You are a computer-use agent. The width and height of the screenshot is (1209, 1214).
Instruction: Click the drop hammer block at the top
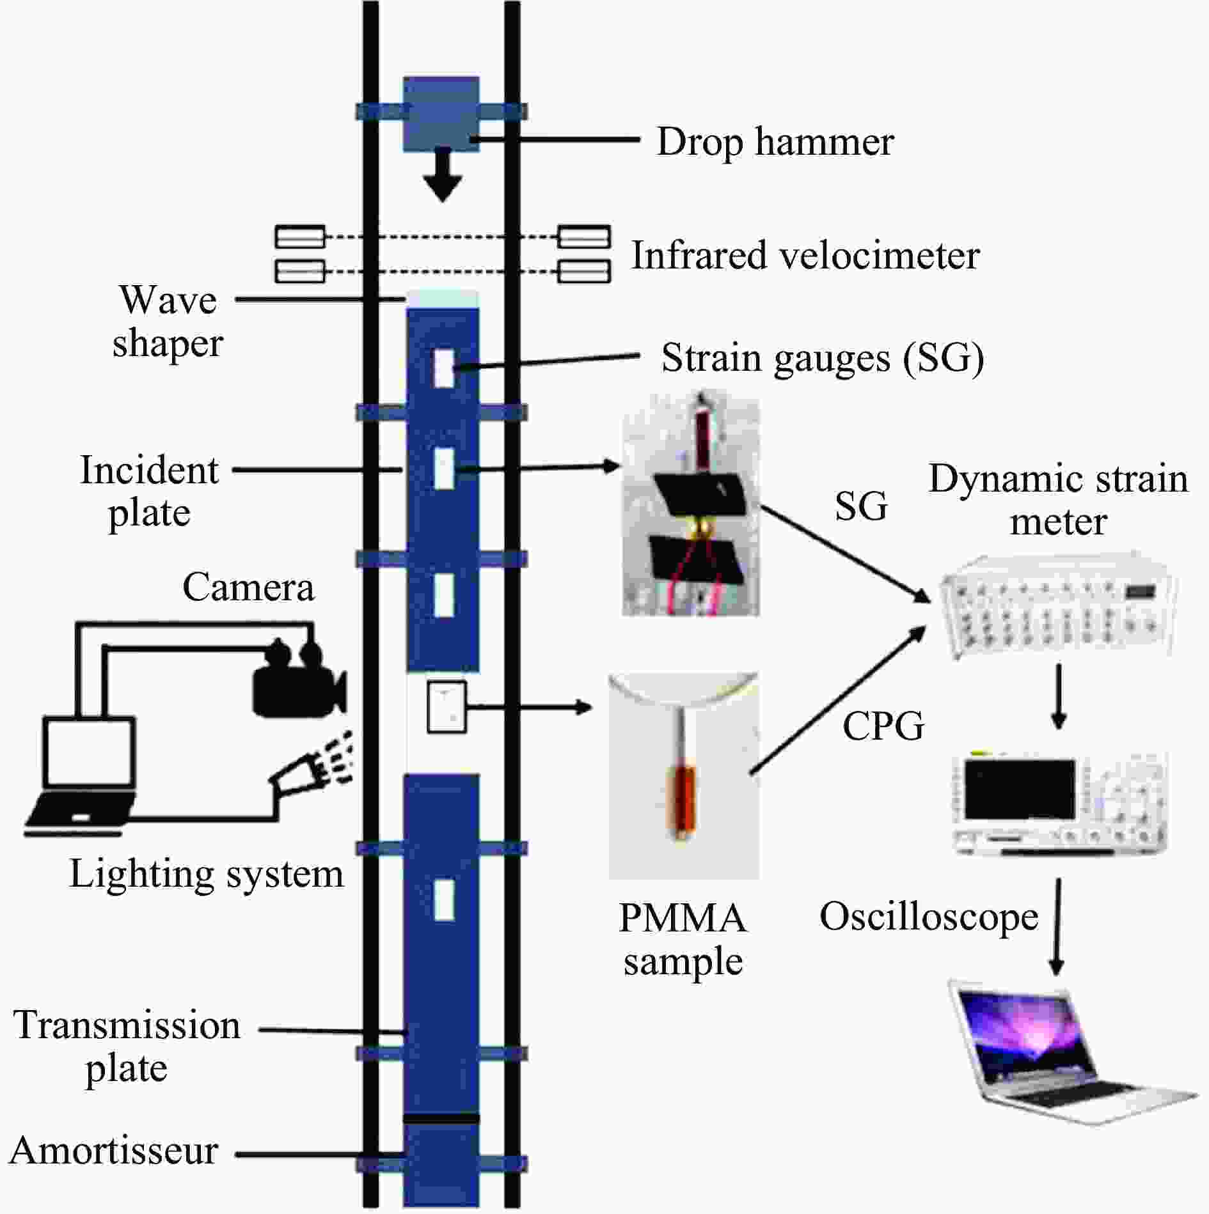click(x=441, y=114)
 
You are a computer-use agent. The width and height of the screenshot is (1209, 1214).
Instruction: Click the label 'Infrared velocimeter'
click(x=805, y=256)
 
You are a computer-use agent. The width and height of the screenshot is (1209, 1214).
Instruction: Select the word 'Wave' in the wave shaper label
click(x=168, y=300)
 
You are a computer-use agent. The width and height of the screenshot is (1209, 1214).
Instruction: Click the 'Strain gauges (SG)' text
click(x=823, y=358)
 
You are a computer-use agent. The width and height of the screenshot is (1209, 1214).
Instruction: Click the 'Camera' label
click(x=248, y=587)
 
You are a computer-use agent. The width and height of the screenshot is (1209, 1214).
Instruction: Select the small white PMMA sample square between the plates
click(x=446, y=707)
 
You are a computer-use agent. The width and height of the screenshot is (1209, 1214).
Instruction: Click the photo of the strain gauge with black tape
click(x=691, y=505)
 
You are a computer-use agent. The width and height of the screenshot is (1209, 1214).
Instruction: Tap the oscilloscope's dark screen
click(x=1020, y=790)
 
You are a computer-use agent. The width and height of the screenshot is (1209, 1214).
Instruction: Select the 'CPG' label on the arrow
click(x=883, y=726)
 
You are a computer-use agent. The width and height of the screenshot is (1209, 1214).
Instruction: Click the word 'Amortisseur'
click(x=114, y=1151)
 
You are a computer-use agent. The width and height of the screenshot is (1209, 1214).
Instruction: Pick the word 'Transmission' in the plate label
click(x=127, y=1025)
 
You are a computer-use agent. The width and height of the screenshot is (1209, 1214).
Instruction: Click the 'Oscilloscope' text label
click(x=929, y=917)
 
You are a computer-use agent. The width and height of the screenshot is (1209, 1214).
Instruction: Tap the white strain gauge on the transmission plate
click(x=444, y=900)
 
